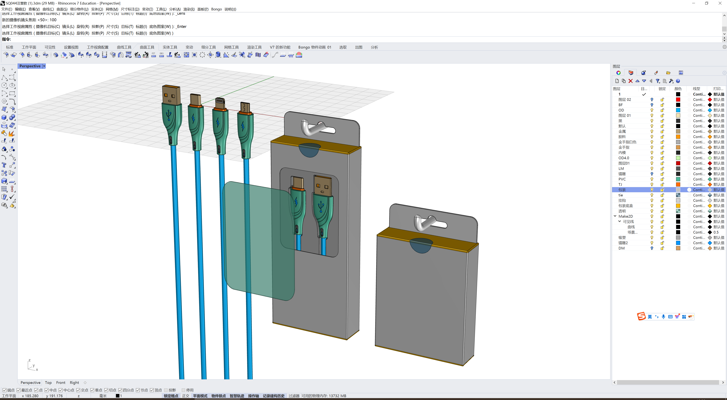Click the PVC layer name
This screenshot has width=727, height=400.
point(622,179)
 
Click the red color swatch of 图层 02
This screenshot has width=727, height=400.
point(678,100)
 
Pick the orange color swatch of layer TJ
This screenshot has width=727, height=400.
point(678,184)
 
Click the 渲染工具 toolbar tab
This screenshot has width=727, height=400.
point(254,47)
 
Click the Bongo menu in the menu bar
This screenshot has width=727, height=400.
point(216,9)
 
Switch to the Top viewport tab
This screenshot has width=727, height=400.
point(48,383)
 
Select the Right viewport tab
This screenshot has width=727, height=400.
point(74,383)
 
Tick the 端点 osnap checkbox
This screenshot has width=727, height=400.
point(5,390)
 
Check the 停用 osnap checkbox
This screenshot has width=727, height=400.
point(183,390)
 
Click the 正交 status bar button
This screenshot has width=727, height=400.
point(185,396)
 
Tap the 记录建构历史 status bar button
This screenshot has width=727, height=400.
point(273,396)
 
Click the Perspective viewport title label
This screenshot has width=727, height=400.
point(30,66)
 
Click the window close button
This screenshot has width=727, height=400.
point(720,3)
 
